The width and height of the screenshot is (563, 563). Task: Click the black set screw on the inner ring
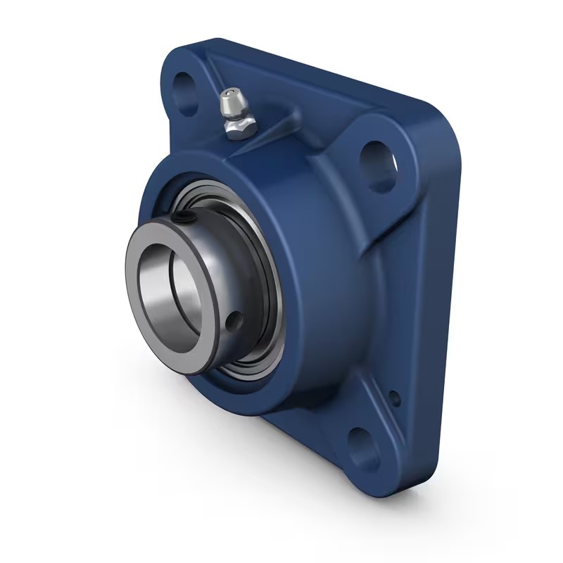[185, 222]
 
